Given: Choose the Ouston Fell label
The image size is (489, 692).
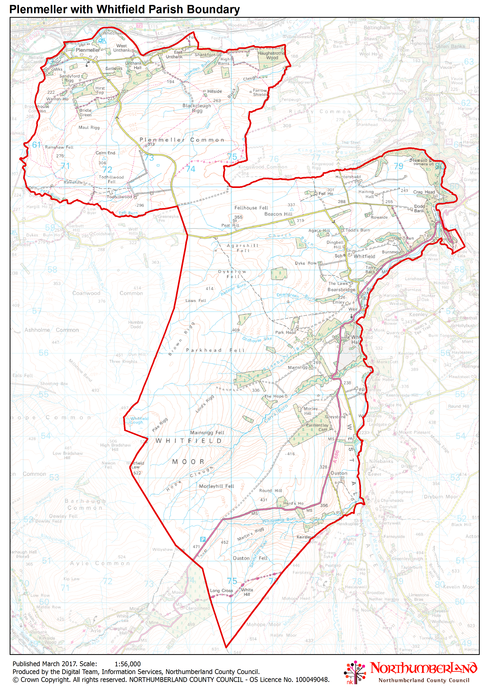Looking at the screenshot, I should coord(250,558).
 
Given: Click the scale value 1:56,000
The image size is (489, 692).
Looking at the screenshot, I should coord(128,664).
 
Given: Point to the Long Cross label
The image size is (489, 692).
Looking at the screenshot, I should coord(221,590).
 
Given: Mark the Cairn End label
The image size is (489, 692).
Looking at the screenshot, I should coord(105,153).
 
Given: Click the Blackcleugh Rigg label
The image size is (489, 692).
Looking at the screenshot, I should coord(197,108).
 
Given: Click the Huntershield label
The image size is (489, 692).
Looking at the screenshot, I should coord(348,177).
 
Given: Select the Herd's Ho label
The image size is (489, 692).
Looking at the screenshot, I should coord(293,503).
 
